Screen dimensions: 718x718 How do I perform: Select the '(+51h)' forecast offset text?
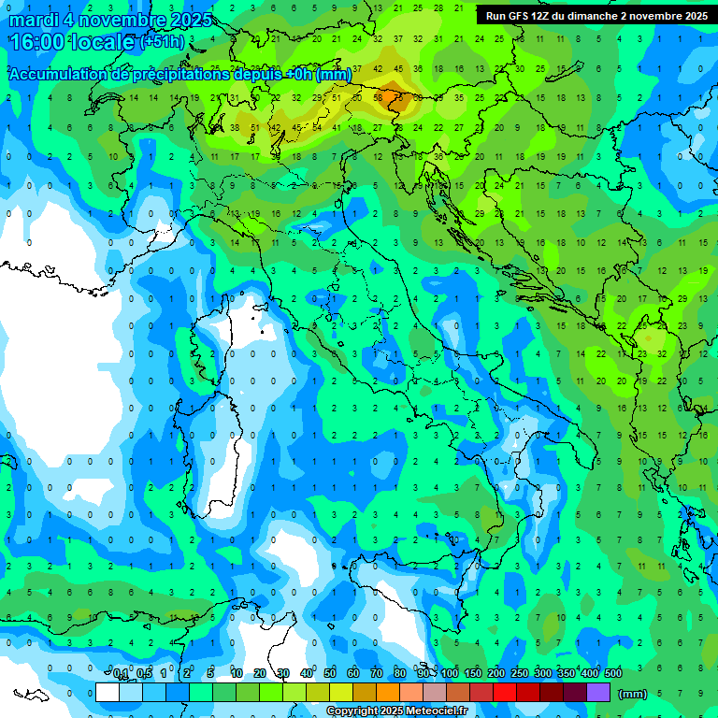click(x=163, y=42)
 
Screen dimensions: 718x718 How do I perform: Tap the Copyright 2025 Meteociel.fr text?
click(x=396, y=711)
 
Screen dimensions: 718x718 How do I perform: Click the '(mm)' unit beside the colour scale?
click(x=633, y=693)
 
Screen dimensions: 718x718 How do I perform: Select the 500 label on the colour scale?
click(x=613, y=674)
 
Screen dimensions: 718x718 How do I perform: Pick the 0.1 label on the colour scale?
click(x=120, y=674)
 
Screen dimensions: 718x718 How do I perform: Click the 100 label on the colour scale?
click(x=450, y=674)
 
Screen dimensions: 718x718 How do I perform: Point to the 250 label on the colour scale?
click(x=520, y=674)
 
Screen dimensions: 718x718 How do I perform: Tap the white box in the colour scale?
click(x=108, y=693)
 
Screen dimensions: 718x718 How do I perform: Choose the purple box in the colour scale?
click(x=598, y=693)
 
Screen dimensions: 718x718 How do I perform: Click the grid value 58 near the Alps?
click(x=378, y=97)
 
